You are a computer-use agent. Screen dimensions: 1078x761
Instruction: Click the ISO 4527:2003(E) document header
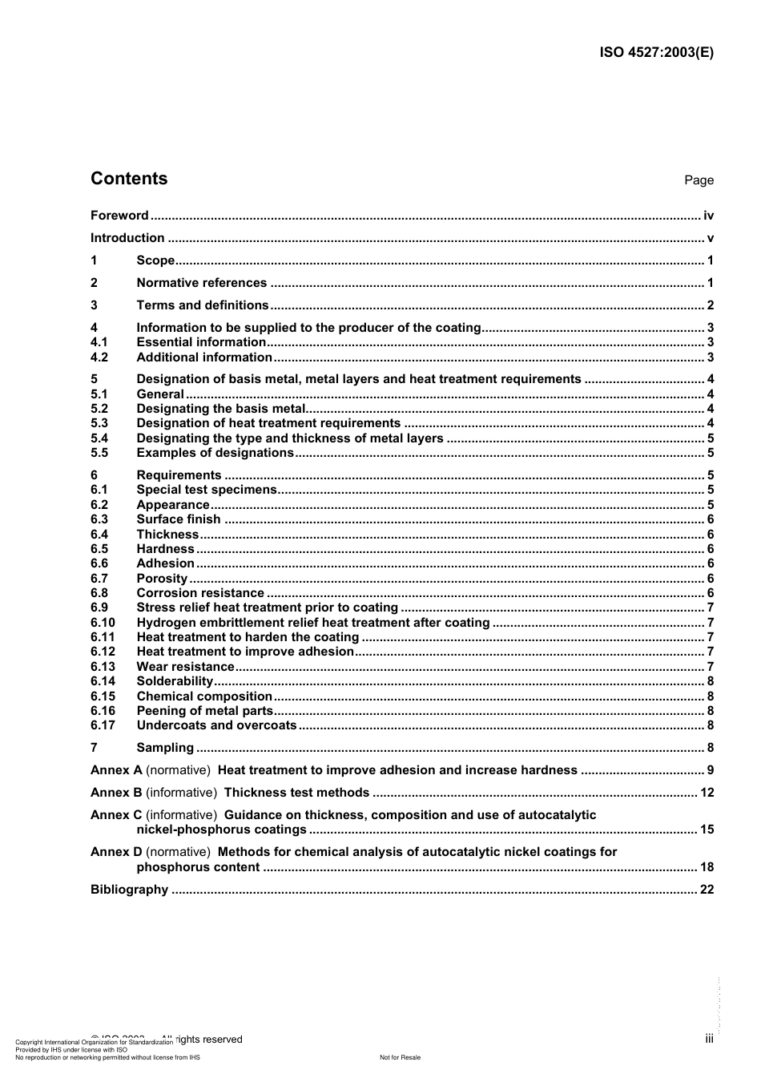coord(656,53)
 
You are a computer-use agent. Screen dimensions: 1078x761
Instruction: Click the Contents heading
coord(129,179)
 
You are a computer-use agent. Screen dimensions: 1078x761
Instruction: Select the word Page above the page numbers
coord(699,180)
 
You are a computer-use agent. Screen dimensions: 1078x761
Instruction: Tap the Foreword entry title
coord(119,216)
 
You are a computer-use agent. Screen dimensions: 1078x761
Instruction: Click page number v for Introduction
coord(710,238)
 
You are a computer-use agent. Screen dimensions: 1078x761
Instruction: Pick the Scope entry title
coord(155,260)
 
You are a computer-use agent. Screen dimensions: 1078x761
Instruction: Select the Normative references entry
coord(201,283)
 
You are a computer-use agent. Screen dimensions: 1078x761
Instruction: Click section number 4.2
coord(99,357)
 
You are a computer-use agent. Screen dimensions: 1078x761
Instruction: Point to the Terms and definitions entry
coord(203,305)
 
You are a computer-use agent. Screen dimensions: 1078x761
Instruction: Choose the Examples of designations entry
coord(215,453)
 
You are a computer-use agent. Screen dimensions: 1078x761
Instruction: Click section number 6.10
coord(103,623)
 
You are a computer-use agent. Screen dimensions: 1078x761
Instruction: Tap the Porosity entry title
coord(162,579)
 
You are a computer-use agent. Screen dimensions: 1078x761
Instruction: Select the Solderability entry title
coord(175,681)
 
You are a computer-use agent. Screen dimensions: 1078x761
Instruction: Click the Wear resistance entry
coord(185,667)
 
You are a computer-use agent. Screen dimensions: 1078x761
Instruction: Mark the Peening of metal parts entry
coord(205,711)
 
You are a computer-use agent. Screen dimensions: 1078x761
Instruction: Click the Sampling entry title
coord(165,748)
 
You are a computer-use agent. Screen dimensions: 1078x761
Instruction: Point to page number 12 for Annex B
coord(707,793)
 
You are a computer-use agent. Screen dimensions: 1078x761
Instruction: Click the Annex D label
coord(116,852)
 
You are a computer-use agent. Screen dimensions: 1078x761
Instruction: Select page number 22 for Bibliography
coord(707,890)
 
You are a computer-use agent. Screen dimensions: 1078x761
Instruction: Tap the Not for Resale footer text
coord(400,1057)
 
